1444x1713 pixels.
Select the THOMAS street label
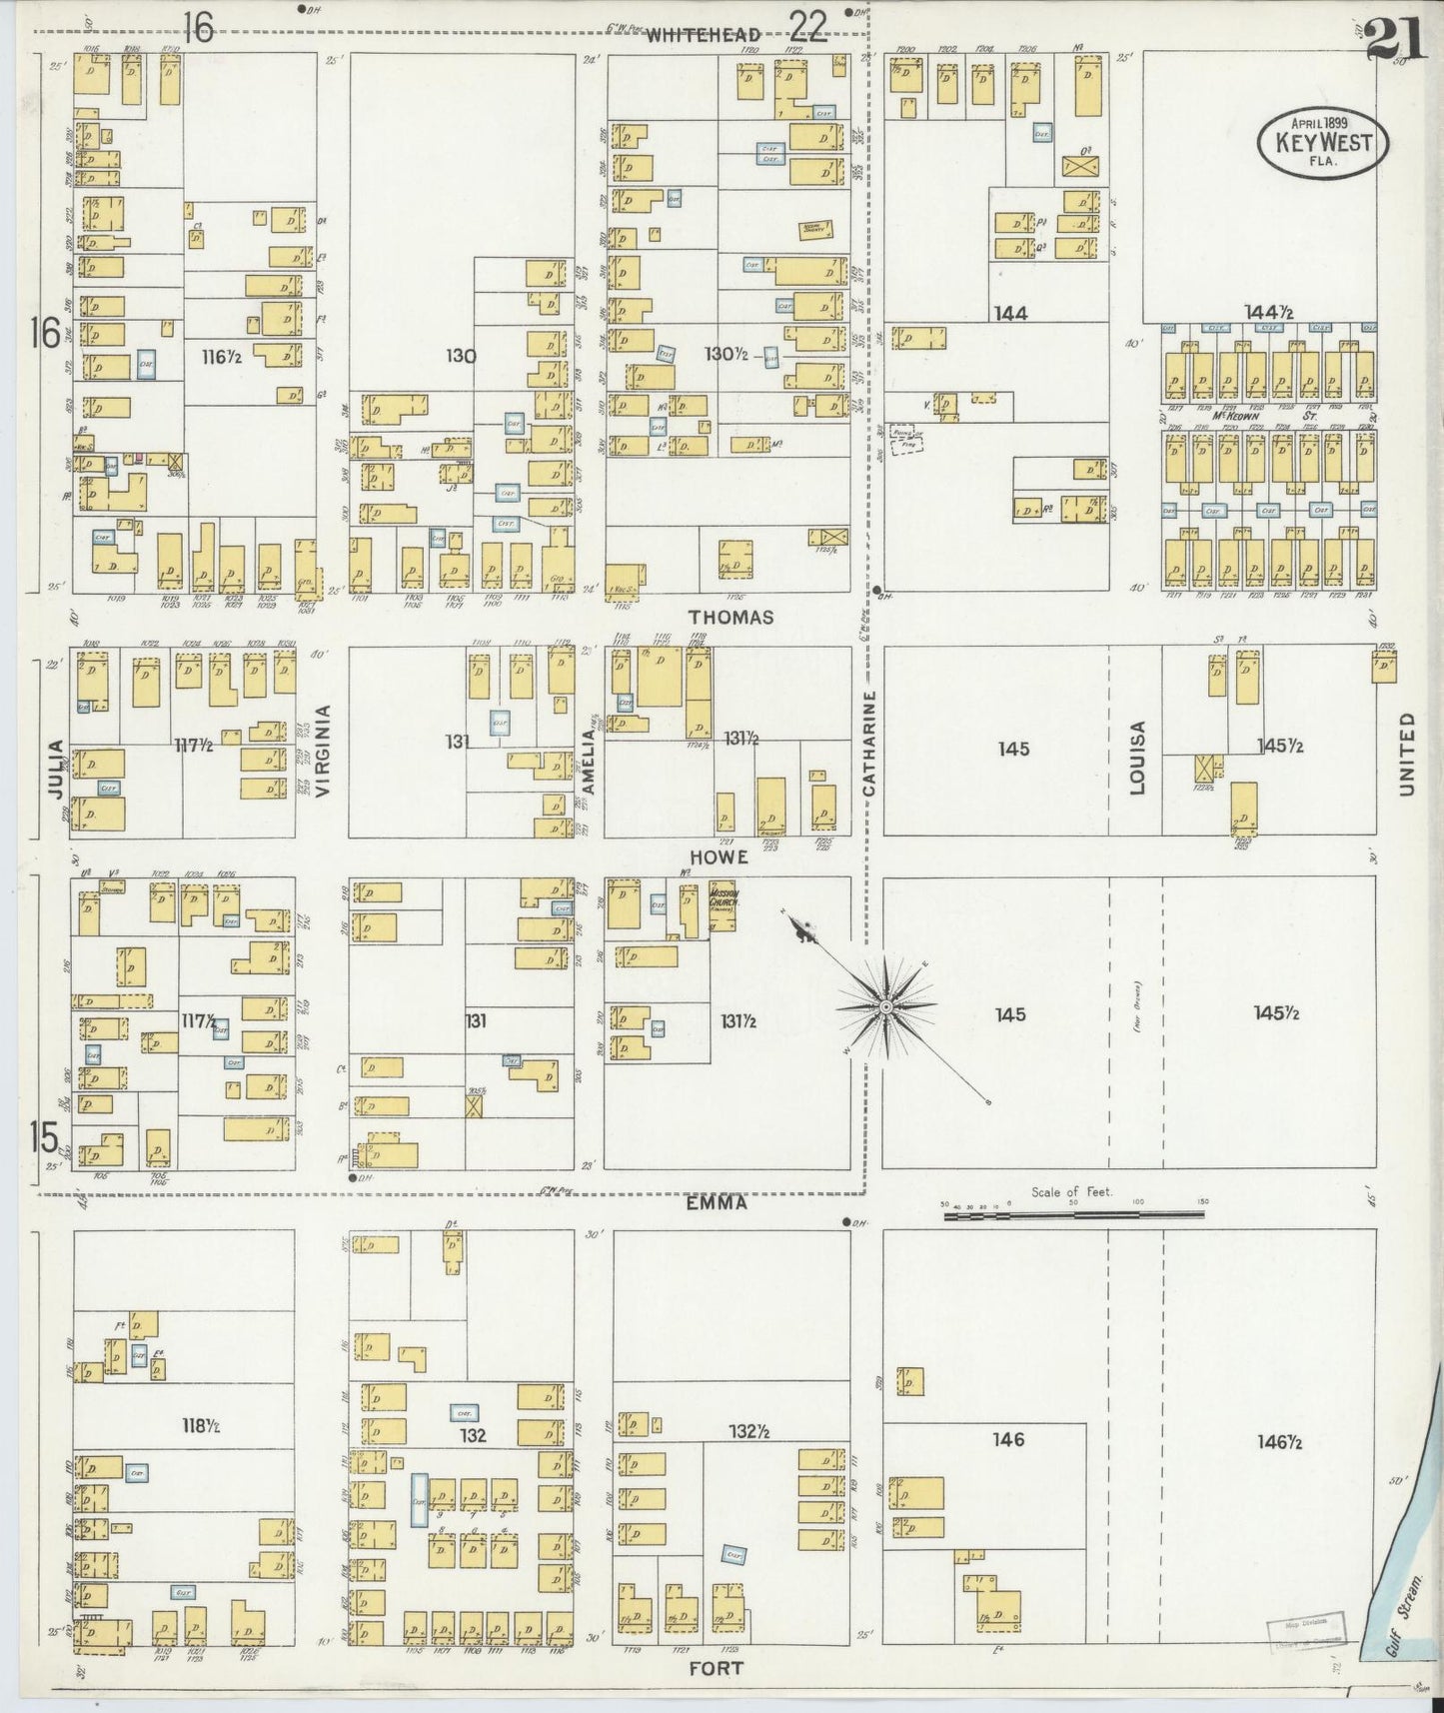tap(731, 618)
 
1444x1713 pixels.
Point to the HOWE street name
tap(720, 857)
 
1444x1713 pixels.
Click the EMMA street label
tap(718, 1203)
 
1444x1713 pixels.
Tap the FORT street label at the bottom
tap(717, 1668)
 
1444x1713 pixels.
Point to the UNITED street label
tap(1407, 754)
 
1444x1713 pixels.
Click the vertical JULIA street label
tap(55, 768)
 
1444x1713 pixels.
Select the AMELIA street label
tap(590, 763)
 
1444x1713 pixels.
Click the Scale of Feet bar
tap(1074, 1215)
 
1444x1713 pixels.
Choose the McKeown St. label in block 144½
tap(1263, 416)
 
